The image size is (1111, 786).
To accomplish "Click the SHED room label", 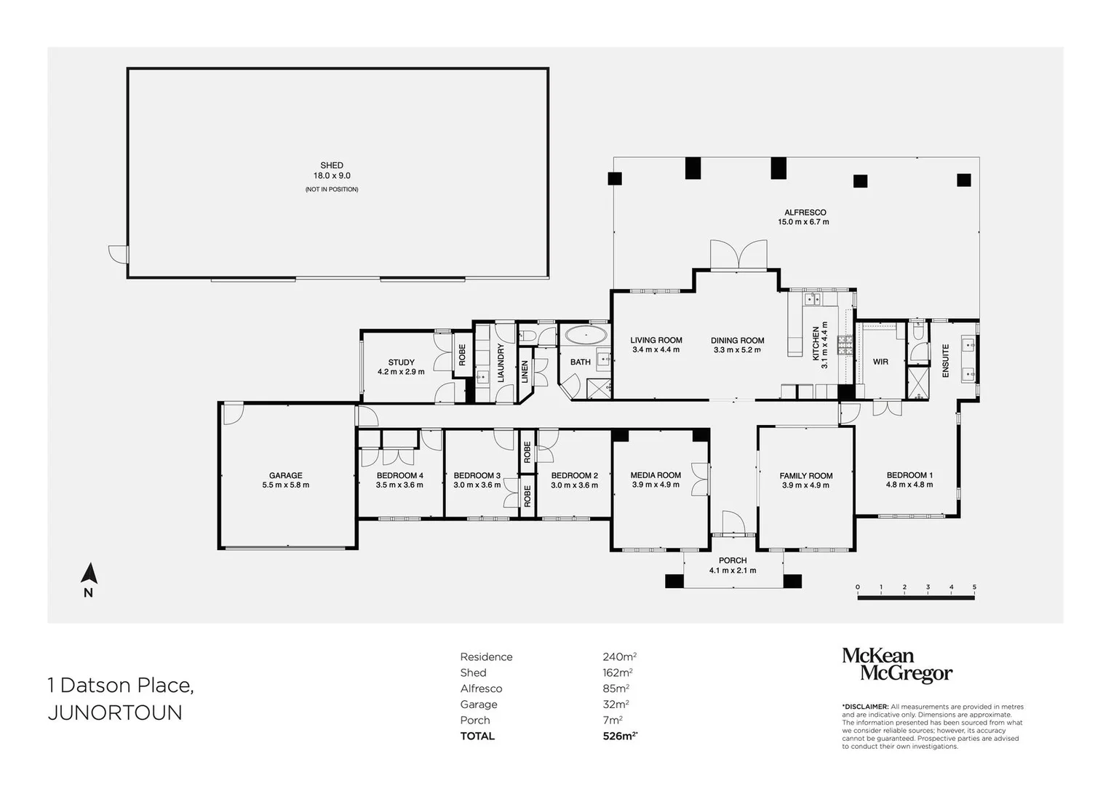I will [332, 165].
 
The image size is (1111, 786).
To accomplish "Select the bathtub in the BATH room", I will [586, 336].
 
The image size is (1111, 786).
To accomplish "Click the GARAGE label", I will [285, 475].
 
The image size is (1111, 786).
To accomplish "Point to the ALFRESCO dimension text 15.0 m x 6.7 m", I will [805, 222].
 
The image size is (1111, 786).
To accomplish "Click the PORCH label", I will [732, 560].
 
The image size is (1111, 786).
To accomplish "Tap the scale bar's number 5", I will [974, 587].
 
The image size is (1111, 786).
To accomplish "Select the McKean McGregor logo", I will [896, 665].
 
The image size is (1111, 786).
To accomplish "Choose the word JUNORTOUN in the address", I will [115, 712].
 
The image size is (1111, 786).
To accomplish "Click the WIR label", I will [880, 362].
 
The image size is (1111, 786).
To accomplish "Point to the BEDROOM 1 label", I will [909, 475].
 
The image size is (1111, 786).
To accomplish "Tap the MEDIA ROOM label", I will [656, 475].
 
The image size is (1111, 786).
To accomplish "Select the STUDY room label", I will [401, 362].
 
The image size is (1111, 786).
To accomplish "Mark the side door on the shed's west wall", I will [118, 255].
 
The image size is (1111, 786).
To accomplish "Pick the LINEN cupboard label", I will [525, 372].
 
